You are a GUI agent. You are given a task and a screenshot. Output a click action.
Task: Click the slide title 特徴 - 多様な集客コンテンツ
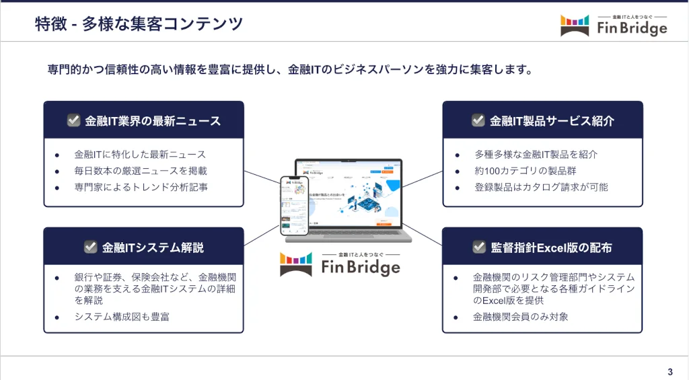pyautogui.click(x=139, y=24)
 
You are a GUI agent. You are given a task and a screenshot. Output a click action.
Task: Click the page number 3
pyautogui.click(x=670, y=372)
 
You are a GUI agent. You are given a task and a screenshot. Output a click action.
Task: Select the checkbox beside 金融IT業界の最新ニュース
pyautogui.click(x=74, y=120)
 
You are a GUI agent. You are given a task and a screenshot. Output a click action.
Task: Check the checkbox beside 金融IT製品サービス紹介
pyautogui.click(x=478, y=120)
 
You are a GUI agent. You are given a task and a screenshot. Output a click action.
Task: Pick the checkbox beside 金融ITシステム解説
pyautogui.click(x=91, y=247)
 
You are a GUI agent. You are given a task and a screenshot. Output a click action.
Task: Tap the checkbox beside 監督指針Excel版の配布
pyautogui.click(x=479, y=247)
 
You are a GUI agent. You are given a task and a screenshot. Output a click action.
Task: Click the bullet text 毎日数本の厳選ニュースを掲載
pyautogui.click(x=141, y=171)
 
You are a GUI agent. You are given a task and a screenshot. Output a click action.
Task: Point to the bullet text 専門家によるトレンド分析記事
pyautogui.click(x=141, y=187)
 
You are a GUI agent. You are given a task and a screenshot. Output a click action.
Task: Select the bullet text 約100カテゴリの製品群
pyautogui.click(x=525, y=171)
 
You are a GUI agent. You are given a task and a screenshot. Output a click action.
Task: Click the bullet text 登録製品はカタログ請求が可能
pyautogui.click(x=541, y=187)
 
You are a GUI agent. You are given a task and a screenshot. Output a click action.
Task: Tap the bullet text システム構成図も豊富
pyautogui.click(x=122, y=316)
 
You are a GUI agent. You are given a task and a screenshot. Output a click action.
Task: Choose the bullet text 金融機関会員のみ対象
pyautogui.click(x=521, y=316)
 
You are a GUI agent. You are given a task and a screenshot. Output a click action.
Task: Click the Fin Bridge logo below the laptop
pyautogui.click(x=340, y=264)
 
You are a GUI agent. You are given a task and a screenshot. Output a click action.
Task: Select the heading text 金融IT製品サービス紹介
pyautogui.click(x=552, y=121)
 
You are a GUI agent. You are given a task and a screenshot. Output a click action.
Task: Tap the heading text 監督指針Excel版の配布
pyautogui.click(x=551, y=248)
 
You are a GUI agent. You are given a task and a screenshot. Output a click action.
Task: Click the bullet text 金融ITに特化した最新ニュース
pyautogui.click(x=140, y=155)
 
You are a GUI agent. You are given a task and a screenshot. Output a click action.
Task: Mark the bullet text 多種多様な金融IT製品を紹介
pyautogui.click(x=536, y=155)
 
